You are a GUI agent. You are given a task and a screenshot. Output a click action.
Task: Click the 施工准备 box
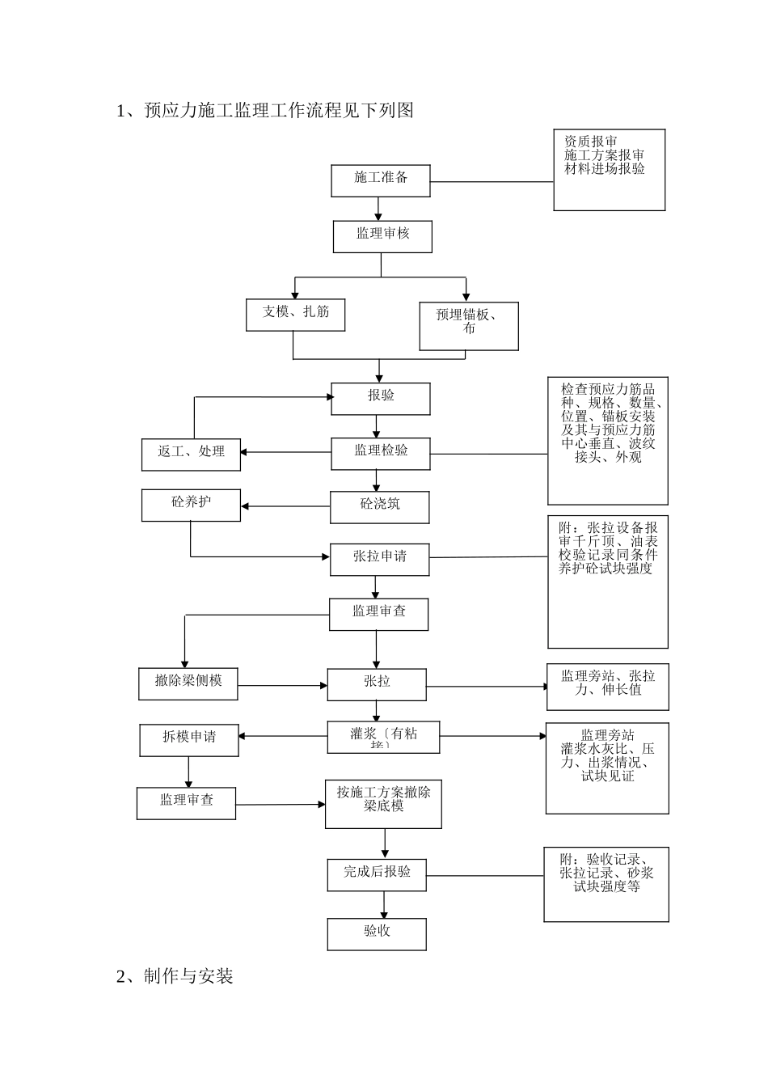380,180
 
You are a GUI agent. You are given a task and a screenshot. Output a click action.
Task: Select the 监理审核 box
382,236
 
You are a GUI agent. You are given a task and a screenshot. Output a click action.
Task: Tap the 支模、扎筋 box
295,315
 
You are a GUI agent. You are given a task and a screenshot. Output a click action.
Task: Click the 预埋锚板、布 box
469,326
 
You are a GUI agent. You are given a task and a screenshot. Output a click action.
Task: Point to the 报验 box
380,399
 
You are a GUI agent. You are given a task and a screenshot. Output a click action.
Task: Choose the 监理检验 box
380,453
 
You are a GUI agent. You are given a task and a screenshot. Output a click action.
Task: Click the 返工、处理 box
191,454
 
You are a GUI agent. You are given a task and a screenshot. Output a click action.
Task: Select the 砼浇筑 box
379,507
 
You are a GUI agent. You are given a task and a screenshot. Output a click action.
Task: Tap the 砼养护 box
191,505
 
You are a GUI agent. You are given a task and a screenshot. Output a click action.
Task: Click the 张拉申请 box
379,560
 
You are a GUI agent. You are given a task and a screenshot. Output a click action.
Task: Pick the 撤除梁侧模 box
188,683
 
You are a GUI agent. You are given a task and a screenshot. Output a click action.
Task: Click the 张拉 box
376,684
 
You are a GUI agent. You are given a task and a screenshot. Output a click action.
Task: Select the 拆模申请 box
189,740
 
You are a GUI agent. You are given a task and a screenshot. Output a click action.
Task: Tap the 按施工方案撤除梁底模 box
383,804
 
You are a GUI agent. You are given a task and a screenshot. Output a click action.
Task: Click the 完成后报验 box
376,874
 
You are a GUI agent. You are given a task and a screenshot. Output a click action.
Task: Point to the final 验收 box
376,933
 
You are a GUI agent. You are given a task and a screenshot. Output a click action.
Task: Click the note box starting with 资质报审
609,170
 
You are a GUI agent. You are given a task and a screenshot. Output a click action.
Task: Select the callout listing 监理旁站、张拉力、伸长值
608,687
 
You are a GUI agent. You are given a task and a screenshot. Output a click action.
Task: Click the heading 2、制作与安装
175,976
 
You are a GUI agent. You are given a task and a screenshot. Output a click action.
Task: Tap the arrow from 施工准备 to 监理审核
378,209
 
